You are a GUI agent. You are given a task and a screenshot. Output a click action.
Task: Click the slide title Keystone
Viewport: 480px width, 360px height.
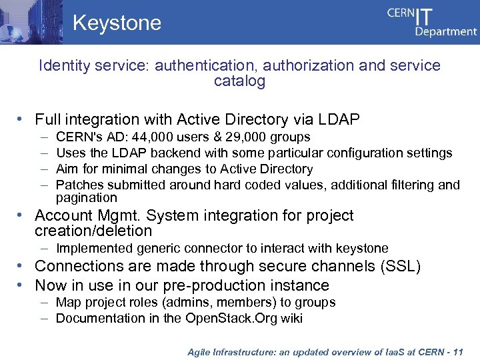point(117,23)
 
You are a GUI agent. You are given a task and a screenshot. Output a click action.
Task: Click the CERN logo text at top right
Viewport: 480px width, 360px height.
point(401,15)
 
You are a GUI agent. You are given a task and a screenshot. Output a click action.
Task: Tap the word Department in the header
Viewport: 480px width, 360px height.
point(446,31)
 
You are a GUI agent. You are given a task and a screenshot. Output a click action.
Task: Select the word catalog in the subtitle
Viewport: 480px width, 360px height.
point(240,81)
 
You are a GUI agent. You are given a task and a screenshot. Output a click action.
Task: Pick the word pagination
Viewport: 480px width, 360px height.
point(86,198)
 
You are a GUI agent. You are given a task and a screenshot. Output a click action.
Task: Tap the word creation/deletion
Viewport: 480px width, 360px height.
point(93,231)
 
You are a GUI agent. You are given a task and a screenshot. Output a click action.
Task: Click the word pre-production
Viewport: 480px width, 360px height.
point(215,285)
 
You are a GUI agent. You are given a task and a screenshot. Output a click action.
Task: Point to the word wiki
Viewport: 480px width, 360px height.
point(291,319)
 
